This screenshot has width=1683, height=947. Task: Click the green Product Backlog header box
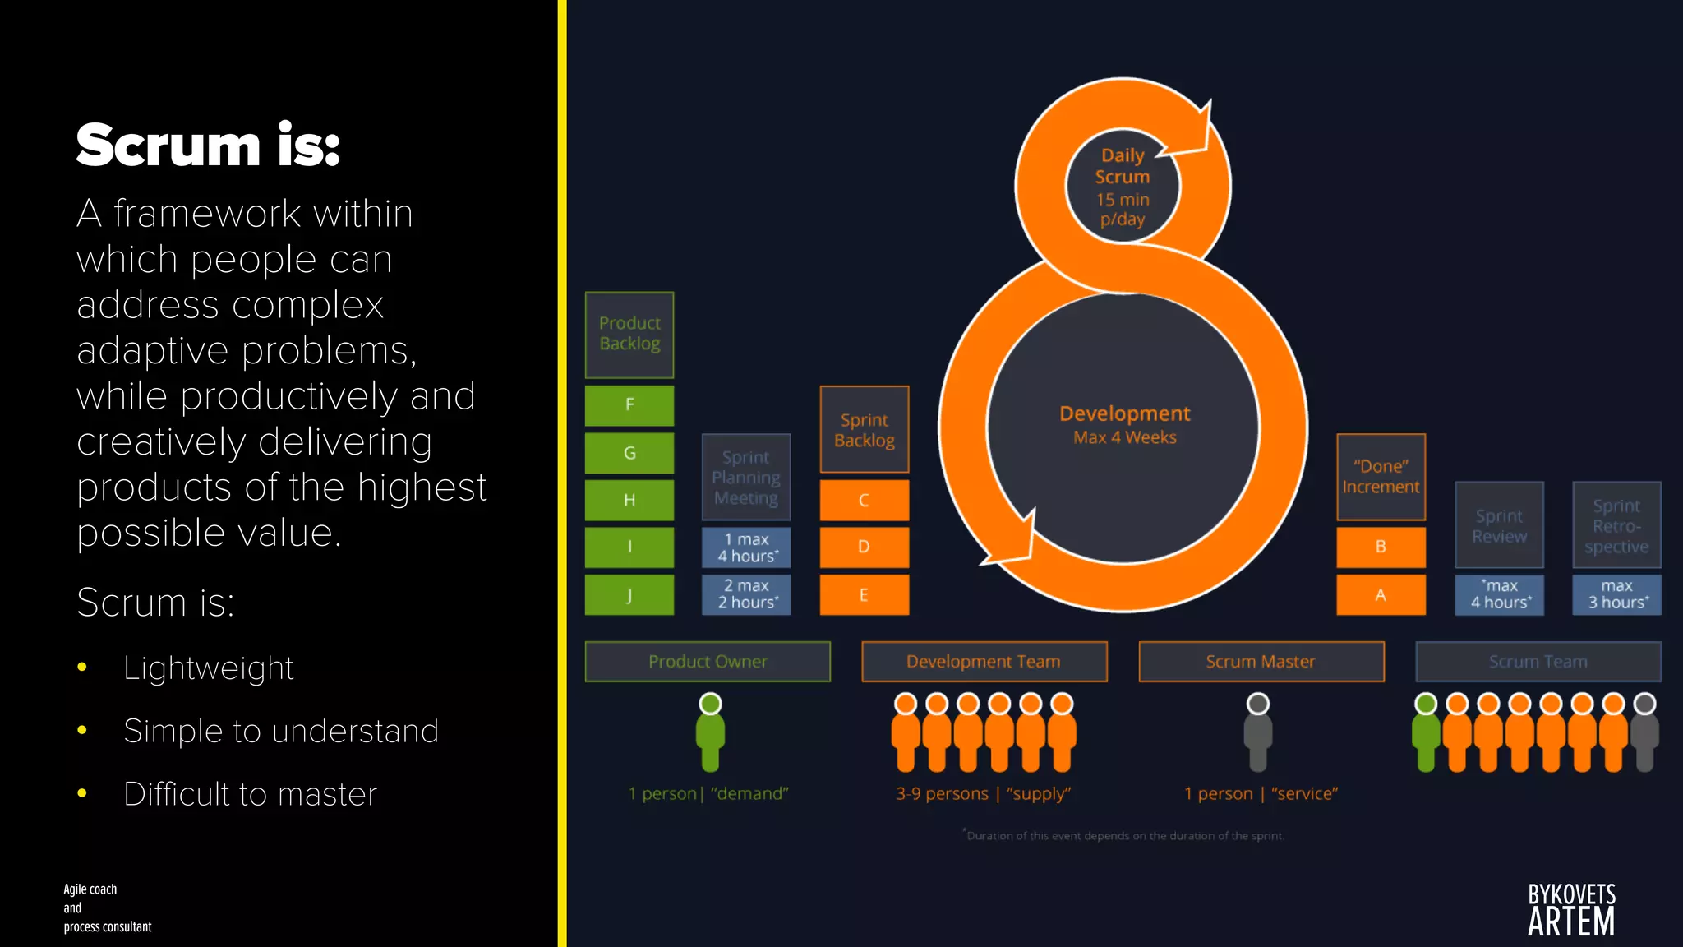(x=629, y=335)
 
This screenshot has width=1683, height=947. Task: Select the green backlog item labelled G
(x=629, y=453)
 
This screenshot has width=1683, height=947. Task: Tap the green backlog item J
(x=629, y=594)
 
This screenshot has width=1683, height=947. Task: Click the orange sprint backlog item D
(x=864, y=547)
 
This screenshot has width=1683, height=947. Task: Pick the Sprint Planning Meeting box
(x=746, y=478)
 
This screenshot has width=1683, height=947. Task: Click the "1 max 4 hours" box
(x=746, y=547)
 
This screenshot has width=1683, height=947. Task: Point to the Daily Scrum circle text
(x=1123, y=187)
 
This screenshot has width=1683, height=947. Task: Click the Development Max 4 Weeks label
(x=1124, y=424)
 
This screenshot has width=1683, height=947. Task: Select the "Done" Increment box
(x=1381, y=477)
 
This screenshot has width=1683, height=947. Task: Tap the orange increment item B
(x=1381, y=547)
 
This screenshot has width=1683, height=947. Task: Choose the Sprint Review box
(x=1499, y=525)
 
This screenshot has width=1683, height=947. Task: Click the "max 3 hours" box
(x=1616, y=594)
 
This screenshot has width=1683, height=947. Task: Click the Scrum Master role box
(x=1261, y=662)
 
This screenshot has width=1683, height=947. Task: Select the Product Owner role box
(x=708, y=662)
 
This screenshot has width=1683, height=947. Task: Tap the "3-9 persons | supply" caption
(x=984, y=794)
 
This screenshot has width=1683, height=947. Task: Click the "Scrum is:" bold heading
(x=208, y=146)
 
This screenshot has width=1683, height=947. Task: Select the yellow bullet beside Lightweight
(x=82, y=668)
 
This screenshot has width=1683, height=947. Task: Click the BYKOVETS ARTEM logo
(x=1571, y=910)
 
